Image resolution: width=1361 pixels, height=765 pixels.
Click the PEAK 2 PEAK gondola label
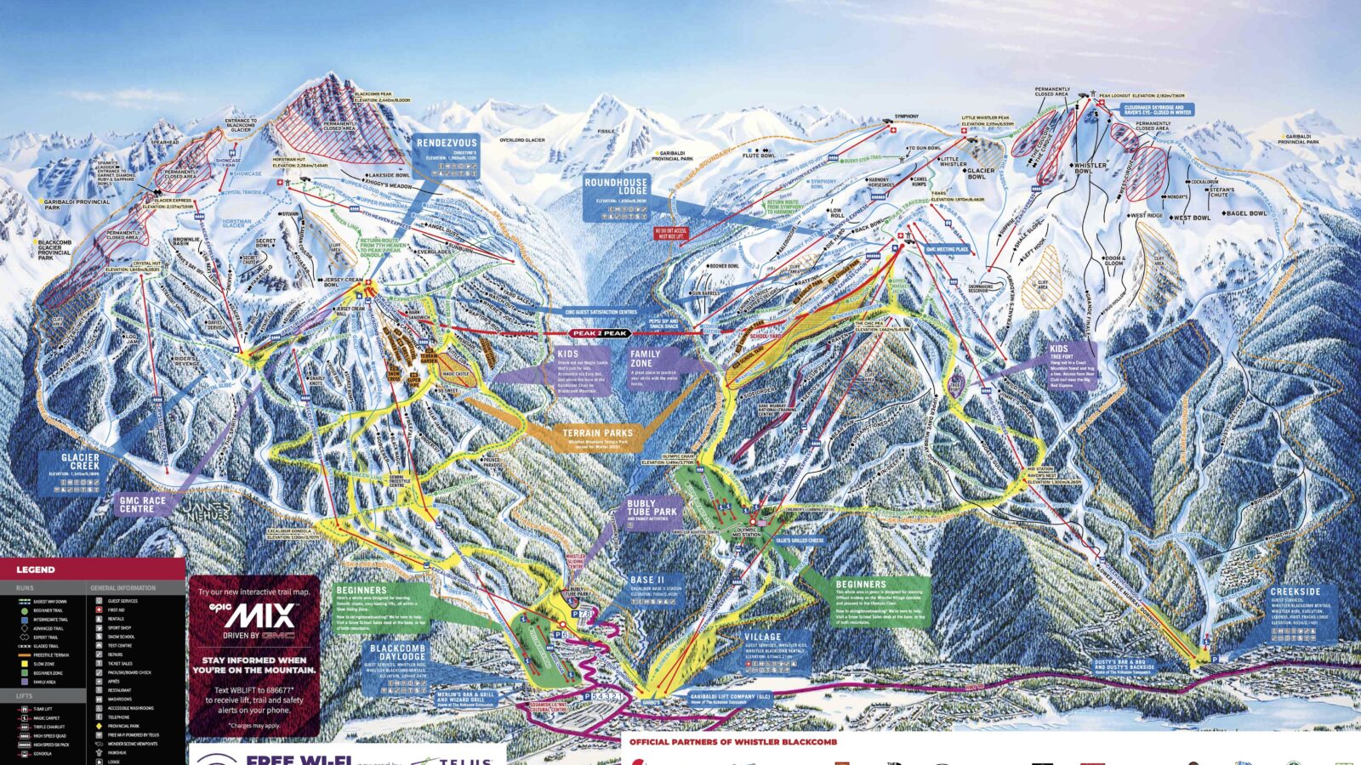pyautogui.click(x=600, y=333)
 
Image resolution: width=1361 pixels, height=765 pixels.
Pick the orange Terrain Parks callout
pyautogui.click(x=597, y=438)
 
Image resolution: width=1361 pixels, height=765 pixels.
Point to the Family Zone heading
pyautogui.click(x=646, y=359)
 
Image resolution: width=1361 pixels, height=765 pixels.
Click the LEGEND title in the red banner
pyautogui.click(x=36, y=569)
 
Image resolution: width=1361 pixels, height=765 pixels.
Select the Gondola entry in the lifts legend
pyautogui.click(x=43, y=753)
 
